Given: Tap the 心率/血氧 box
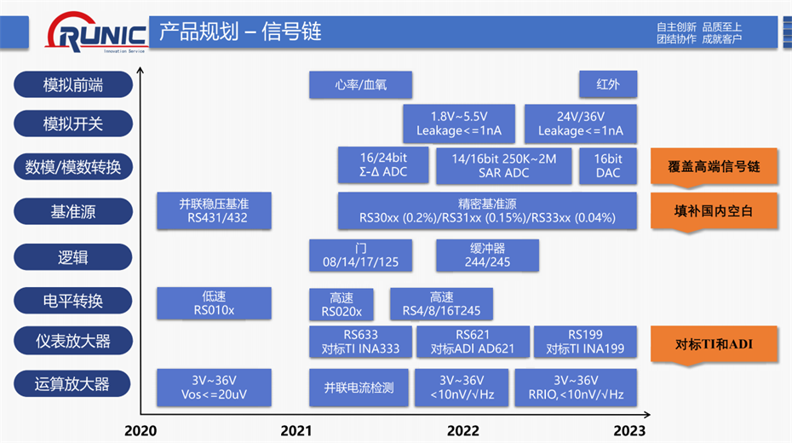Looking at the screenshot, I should [360, 84].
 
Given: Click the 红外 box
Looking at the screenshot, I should [608, 84].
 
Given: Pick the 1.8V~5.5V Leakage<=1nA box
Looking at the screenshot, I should [459, 124].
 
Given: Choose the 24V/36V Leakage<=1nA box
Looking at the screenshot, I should [580, 124].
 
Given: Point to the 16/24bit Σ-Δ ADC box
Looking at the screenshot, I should [382, 165].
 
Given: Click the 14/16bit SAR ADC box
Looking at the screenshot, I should [504, 165].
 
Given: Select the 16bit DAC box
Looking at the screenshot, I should [608, 165].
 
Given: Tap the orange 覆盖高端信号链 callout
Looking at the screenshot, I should [715, 166].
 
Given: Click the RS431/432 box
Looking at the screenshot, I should [214, 210].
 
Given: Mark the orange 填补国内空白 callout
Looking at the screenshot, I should [715, 210].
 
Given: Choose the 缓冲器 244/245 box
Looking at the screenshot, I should [488, 256].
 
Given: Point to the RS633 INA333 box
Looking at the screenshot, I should [361, 342].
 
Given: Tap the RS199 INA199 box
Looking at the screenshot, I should [585, 342].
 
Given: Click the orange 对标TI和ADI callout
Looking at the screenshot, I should [715, 344].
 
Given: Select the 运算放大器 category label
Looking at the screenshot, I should [73, 384].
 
